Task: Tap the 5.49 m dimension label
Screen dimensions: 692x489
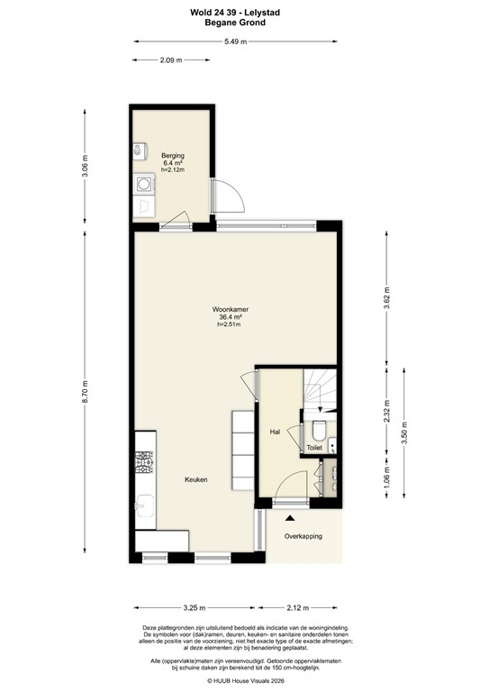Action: coord(239,41)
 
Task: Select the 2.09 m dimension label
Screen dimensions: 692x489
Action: coord(171,60)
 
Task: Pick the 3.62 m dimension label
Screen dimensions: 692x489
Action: coord(386,302)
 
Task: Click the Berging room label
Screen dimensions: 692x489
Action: coord(173,156)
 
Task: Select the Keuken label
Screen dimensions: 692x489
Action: coord(196,479)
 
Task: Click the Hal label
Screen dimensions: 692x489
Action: coord(275,432)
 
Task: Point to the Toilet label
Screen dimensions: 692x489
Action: coord(314,447)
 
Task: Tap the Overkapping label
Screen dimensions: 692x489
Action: coord(303,536)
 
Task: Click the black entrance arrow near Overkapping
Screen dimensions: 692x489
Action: coord(290,518)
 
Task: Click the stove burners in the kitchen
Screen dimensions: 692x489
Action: coord(143,465)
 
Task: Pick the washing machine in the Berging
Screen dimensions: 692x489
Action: coord(144,185)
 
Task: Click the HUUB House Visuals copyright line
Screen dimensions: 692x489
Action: coord(245,680)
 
